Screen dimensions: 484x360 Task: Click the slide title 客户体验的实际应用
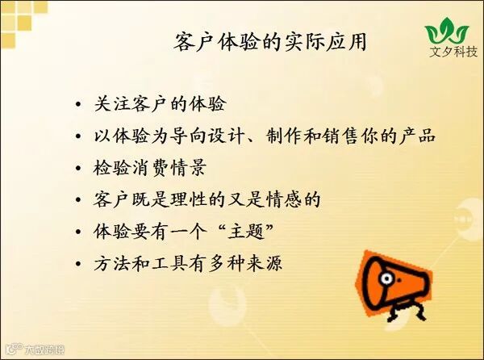[x=270, y=42]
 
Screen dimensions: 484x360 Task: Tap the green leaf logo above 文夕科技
[x=447, y=31]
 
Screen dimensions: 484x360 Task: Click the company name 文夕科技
[x=453, y=52]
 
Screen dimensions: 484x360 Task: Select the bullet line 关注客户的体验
[x=160, y=103]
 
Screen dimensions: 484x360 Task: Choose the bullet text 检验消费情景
[x=150, y=168]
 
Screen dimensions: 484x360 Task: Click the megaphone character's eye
[x=386, y=278]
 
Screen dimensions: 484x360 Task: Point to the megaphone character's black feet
[x=407, y=311]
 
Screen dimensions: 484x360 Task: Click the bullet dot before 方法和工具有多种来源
[x=78, y=264]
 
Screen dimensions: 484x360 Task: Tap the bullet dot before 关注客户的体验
[x=78, y=104]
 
